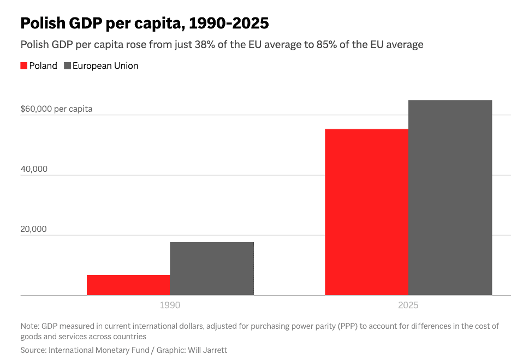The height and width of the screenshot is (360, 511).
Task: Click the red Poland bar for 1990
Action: click(x=128, y=285)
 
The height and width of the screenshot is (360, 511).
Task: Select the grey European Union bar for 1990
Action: click(x=212, y=268)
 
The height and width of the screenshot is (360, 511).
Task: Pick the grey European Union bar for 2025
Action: click(x=450, y=197)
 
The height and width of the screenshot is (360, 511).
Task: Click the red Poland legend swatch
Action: click(x=24, y=66)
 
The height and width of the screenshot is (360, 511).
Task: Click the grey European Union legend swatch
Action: click(x=68, y=66)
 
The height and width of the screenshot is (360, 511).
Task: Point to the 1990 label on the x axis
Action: click(x=170, y=305)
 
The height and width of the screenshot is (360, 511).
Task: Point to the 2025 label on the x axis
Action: click(x=408, y=305)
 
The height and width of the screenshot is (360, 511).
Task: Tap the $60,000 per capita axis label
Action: click(x=56, y=109)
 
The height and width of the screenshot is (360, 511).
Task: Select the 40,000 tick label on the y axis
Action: click(x=34, y=169)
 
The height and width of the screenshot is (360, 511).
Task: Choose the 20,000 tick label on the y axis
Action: click(x=34, y=229)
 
